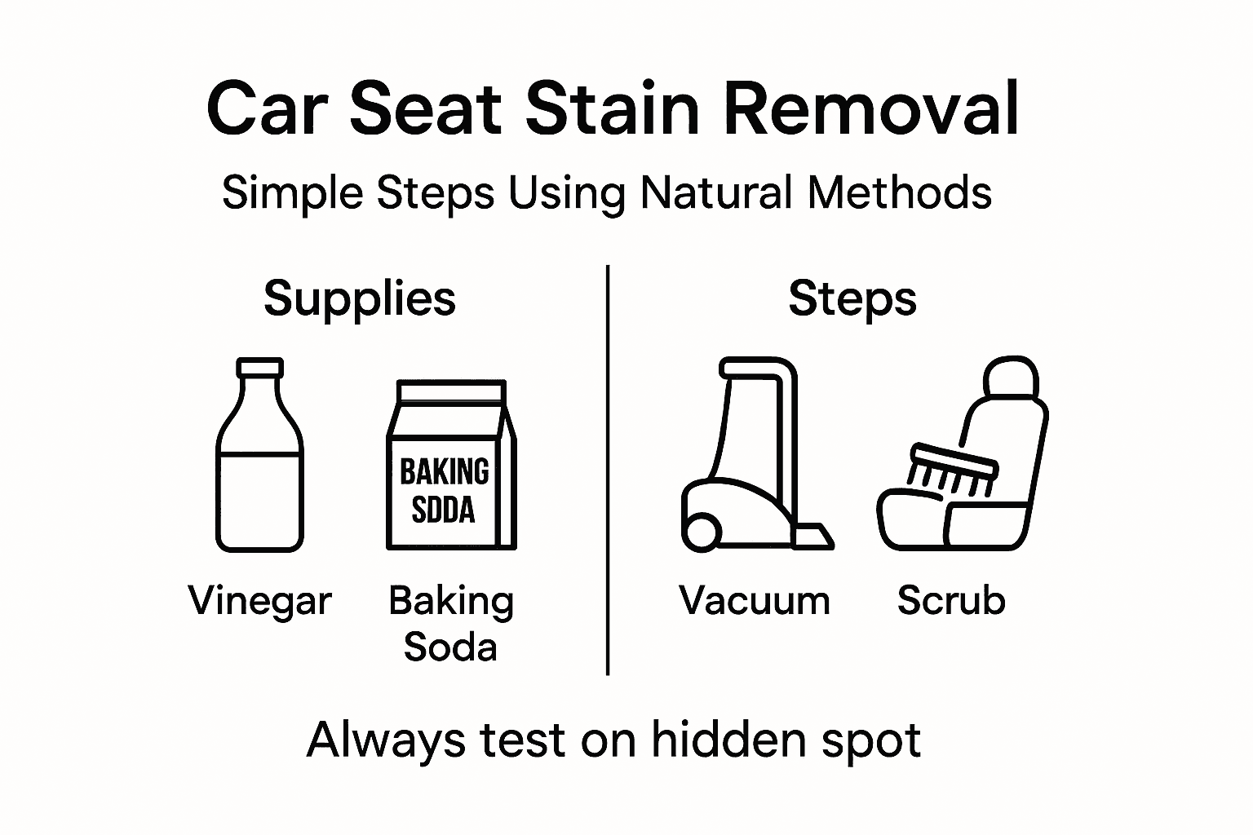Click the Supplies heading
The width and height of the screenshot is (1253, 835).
pos(360,300)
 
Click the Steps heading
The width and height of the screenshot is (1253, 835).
pos(852,300)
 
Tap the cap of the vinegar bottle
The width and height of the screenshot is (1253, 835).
pos(260,368)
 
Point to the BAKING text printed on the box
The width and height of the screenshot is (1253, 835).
pos(445,471)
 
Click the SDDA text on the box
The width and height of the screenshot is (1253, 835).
pos(444,510)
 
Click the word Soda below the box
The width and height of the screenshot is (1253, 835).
pos(450,647)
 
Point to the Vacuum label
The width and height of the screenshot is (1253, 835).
pos(755,601)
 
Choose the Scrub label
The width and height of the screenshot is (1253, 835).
pos(951,600)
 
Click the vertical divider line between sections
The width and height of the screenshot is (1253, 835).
pos(608,470)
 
